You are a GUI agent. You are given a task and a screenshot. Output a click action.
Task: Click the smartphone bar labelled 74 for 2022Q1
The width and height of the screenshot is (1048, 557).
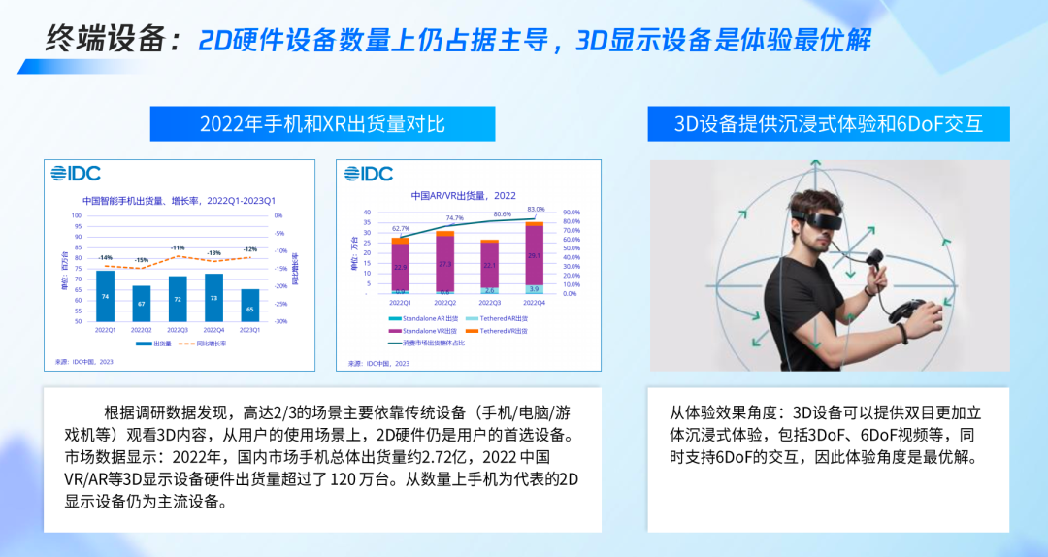(x=105, y=296)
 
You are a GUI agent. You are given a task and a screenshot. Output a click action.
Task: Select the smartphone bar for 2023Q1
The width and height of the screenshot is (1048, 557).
(x=250, y=305)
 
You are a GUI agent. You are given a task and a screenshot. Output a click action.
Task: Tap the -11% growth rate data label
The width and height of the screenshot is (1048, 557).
(x=178, y=248)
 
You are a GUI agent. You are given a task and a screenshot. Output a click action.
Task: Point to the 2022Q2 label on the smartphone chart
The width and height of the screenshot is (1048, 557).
(x=142, y=330)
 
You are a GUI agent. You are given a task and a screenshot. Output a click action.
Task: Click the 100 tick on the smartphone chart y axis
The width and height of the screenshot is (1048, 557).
(x=77, y=215)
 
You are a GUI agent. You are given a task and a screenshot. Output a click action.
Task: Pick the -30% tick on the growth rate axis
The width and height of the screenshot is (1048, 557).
(x=279, y=321)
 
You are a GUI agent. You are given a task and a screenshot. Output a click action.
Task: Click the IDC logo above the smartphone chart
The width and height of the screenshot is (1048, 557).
(x=75, y=174)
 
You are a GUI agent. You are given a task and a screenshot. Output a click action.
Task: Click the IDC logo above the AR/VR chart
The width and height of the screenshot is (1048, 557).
(x=369, y=174)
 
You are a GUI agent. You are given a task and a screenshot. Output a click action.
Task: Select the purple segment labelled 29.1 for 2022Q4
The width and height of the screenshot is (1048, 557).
(x=535, y=255)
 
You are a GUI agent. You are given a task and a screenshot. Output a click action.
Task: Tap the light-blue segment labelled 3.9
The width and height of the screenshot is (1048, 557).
(x=535, y=289)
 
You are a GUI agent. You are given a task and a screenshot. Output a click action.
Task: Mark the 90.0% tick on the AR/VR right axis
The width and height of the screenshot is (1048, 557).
(x=573, y=213)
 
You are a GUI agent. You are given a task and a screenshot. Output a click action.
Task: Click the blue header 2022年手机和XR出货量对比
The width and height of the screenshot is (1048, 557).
(x=322, y=123)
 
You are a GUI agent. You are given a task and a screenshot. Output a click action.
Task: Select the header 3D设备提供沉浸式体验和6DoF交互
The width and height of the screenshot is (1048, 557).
(x=828, y=123)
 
